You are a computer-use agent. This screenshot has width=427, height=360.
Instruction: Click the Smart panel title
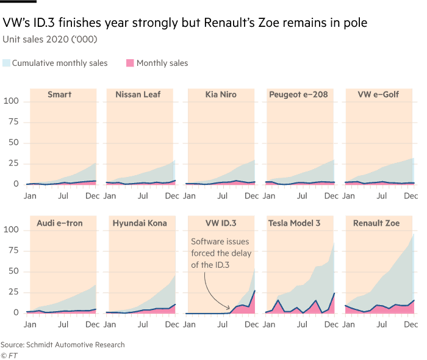60,95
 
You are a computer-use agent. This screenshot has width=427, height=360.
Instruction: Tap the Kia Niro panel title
220,95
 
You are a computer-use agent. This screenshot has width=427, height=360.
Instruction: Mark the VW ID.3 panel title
220,223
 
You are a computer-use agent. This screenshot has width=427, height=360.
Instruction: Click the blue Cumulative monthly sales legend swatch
6,63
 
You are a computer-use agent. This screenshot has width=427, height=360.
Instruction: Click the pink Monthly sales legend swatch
130,63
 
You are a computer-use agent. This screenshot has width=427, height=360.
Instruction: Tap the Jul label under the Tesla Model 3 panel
301,325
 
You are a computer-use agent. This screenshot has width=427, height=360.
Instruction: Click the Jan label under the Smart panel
30,196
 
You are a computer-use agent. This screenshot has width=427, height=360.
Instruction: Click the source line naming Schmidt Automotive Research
62,345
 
